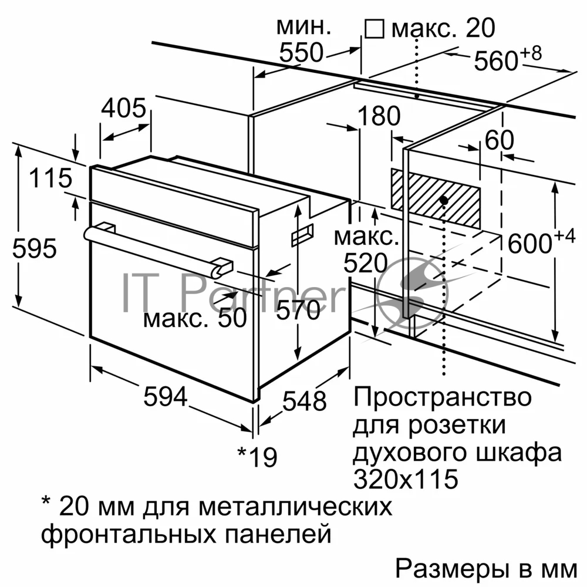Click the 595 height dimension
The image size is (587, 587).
[x=35, y=248]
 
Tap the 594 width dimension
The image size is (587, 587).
[x=166, y=396]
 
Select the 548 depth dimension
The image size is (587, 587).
[x=304, y=401]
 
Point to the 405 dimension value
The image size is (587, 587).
[x=123, y=108]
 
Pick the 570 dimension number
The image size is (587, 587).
[x=298, y=309]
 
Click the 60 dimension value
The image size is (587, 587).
[x=500, y=140]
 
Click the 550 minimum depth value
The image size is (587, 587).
[x=301, y=52]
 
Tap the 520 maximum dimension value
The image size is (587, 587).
[x=365, y=263]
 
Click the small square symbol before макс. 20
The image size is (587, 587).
[x=375, y=29]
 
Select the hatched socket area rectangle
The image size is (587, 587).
[x=436, y=198]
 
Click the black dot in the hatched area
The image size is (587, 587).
[x=444, y=200]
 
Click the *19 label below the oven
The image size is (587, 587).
[x=258, y=457]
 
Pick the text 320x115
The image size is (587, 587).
[x=406, y=478]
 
